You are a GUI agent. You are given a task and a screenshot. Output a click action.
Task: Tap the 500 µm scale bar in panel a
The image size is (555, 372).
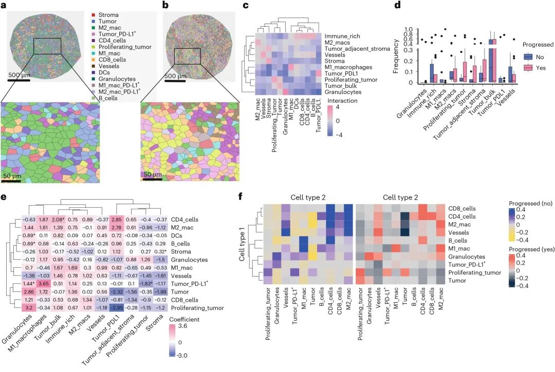click(18, 80)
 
